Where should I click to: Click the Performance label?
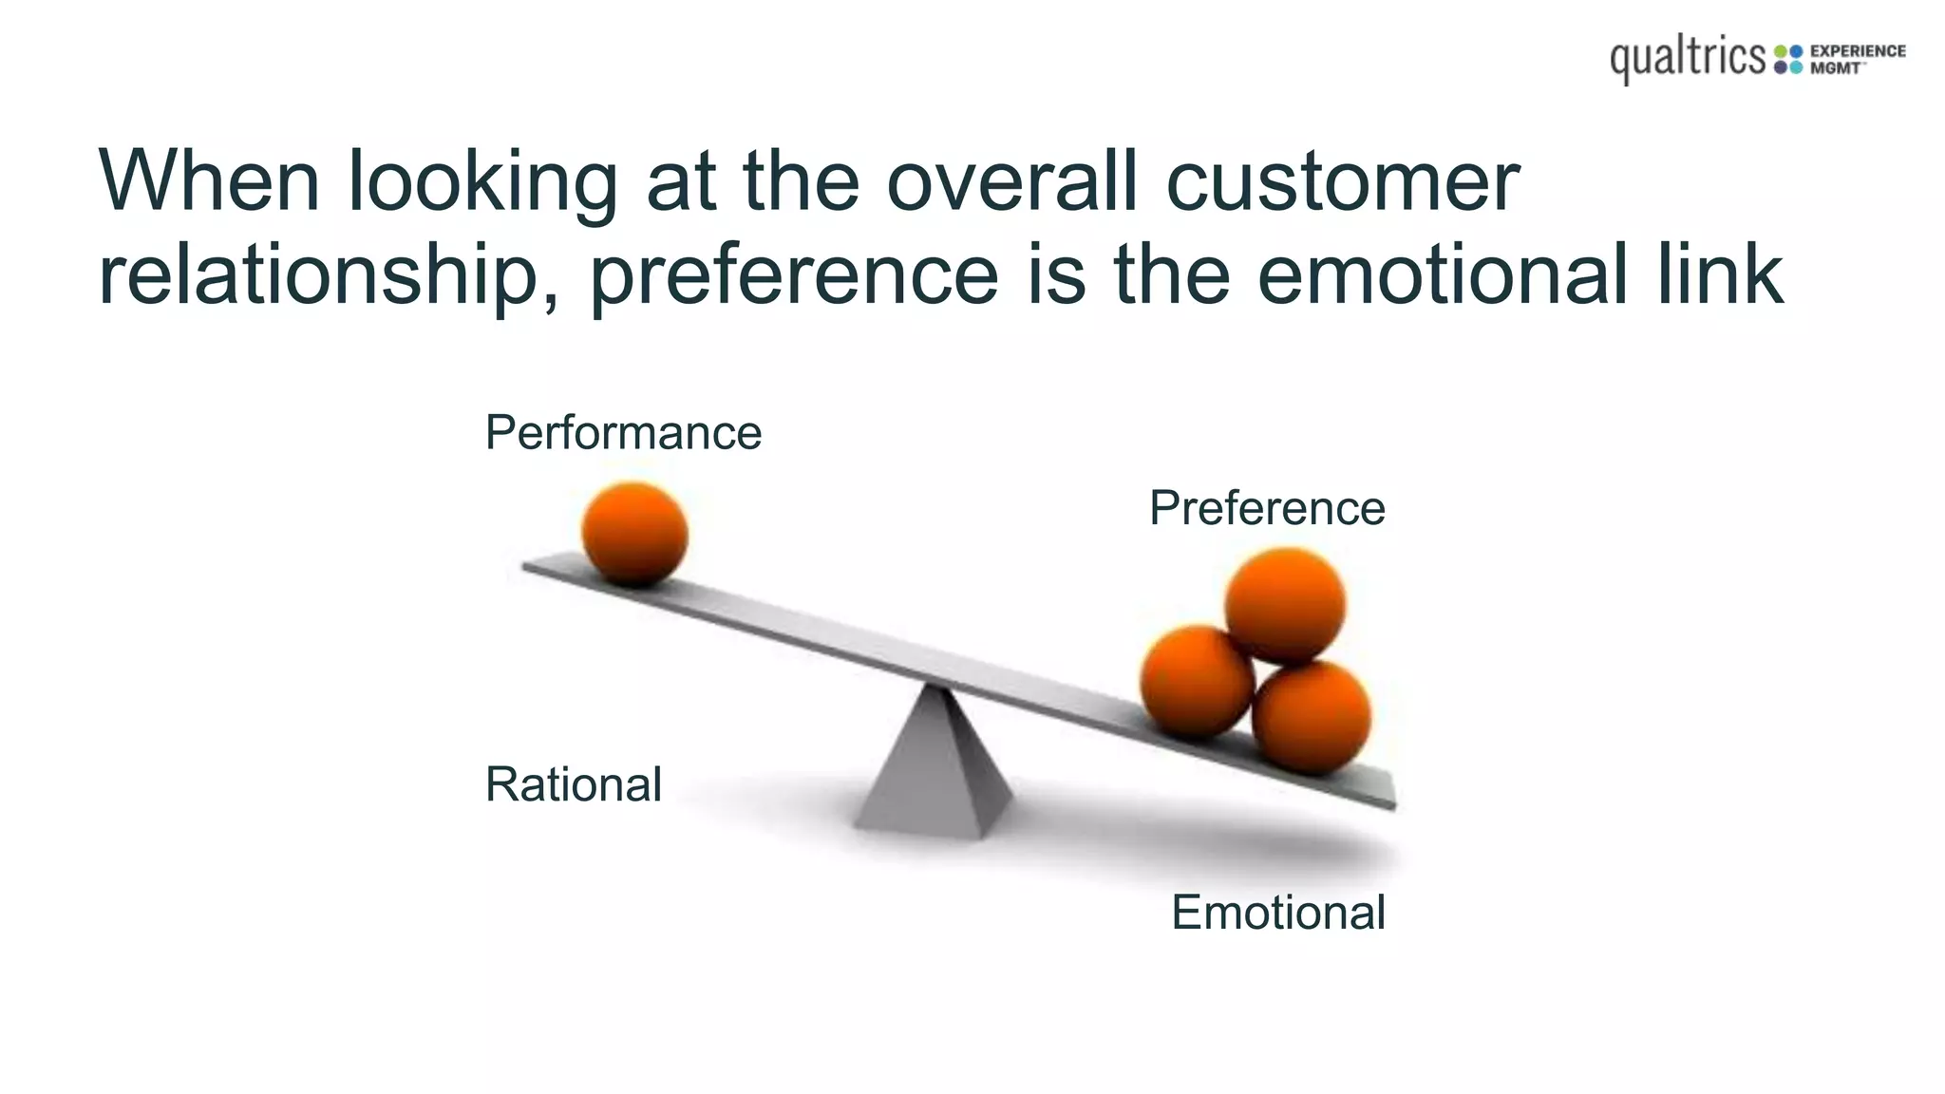(x=623, y=433)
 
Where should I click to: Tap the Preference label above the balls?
(x=1267, y=508)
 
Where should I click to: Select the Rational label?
(x=573, y=784)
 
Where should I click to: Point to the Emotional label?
(x=1278, y=913)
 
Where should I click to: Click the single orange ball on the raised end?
(x=634, y=533)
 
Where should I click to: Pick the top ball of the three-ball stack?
(x=1285, y=605)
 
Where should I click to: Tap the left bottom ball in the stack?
(x=1197, y=681)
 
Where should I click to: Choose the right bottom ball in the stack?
(x=1312, y=718)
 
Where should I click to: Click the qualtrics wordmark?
(x=1688, y=59)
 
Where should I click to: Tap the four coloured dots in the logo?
(x=1788, y=59)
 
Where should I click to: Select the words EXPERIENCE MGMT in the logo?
(x=1857, y=59)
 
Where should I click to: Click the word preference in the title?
(x=794, y=275)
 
